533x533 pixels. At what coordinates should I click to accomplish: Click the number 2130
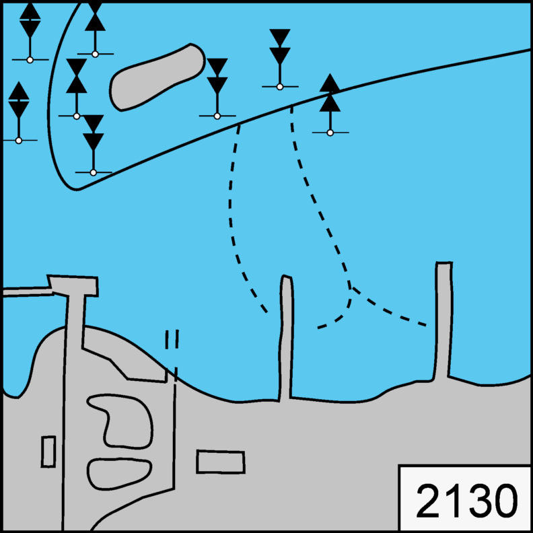(466, 501)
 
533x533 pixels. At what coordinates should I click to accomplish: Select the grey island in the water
(157, 77)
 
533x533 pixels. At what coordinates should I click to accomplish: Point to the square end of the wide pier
(444, 262)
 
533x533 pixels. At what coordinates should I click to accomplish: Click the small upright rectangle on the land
(48, 452)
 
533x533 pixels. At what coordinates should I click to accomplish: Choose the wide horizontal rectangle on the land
(221, 462)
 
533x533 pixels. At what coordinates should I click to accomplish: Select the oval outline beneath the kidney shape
(119, 474)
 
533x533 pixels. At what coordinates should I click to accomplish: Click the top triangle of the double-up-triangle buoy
(330, 83)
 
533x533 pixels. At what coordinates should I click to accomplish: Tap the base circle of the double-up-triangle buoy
(330, 133)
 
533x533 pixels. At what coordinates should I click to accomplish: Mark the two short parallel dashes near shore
(172, 339)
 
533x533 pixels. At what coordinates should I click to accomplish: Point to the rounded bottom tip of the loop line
(77, 189)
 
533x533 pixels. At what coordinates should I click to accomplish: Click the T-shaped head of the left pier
(73, 285)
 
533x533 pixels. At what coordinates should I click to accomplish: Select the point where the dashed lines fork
(351, 289)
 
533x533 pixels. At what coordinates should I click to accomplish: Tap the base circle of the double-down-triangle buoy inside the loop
(94, 172)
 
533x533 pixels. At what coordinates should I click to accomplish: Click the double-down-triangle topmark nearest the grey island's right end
(217, 76)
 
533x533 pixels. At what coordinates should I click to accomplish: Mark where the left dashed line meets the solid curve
(240, 124)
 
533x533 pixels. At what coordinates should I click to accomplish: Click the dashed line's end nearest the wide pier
(426, 326)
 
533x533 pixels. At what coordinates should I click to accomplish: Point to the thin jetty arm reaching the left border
(28, 291)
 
